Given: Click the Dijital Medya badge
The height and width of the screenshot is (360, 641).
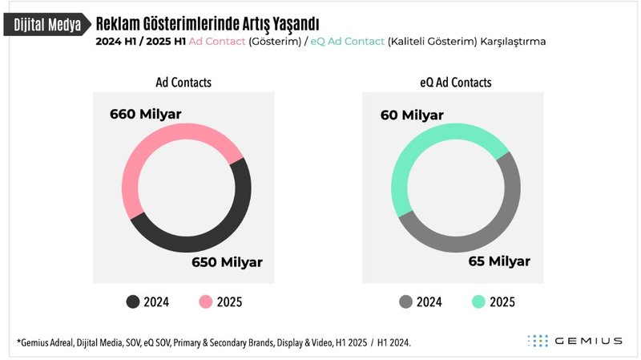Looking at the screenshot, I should [46, 24].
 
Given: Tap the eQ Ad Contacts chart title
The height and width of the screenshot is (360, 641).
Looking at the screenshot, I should [455, 83].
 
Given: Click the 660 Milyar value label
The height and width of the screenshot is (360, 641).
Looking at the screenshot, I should [146, 114].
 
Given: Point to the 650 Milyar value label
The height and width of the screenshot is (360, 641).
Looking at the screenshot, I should [227, 262].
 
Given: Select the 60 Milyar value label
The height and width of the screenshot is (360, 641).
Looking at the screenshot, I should [412, 115].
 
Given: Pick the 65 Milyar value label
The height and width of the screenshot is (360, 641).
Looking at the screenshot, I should [499, 262].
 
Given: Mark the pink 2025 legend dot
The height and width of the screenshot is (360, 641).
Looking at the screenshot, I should [204, 301].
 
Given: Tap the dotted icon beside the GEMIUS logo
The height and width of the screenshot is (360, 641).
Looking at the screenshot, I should [537, 341].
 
